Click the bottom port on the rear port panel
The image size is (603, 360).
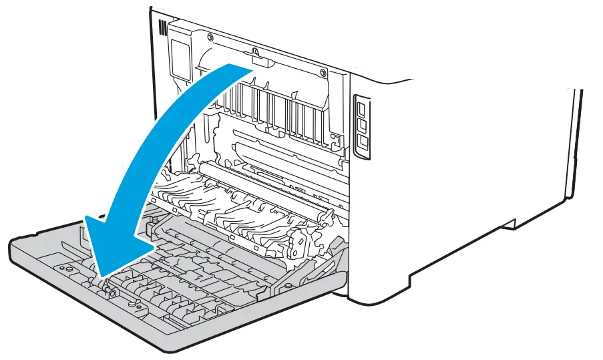pos(364,142)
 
